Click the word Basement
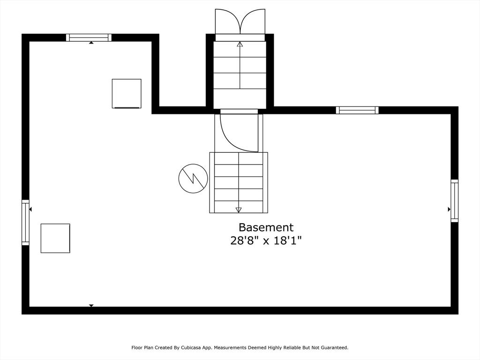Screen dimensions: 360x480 [266, 227]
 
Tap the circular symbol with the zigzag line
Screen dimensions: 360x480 [193, 178]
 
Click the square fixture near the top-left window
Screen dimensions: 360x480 [127, 93]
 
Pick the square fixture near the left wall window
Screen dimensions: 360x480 [55, 238]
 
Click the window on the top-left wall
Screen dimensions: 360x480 [89, 37]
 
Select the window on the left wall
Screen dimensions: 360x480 [25, 223]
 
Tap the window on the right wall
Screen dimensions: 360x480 [454, 201]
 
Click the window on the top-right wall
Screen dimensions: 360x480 [357, 110]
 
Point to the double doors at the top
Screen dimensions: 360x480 [240, 22]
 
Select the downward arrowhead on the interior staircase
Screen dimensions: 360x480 [239, 210]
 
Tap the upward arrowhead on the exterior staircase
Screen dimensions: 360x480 [240, 45]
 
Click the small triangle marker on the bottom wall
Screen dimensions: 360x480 [91, 306]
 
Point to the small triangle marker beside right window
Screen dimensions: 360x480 [449, 209]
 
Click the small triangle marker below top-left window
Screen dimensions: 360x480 [91, 43]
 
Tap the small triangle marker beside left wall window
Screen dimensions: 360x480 [30, 209]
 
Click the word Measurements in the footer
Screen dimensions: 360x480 [231, 348]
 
